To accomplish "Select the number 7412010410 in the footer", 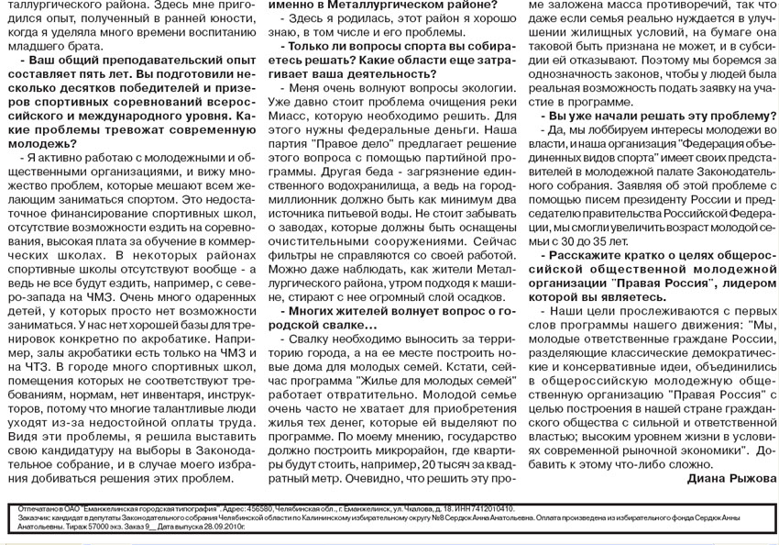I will [482, 508].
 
